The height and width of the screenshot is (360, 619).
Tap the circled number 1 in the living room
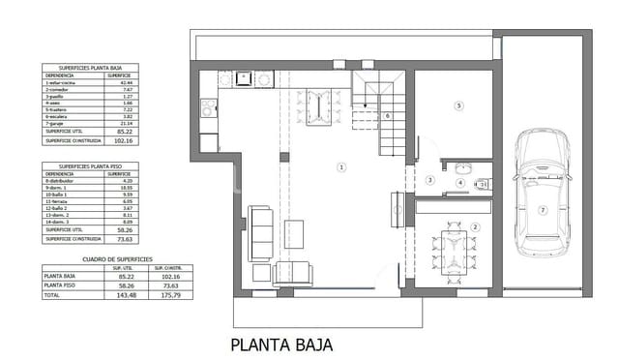click(340, 167)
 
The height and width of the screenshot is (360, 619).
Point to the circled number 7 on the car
click(543, 210)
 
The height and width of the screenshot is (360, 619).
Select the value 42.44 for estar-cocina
click(125, 84)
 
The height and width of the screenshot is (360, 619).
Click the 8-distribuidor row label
click(61, 181)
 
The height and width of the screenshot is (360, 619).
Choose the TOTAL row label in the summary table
click(53, 295)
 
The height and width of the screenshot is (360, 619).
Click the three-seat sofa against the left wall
click(260, 228)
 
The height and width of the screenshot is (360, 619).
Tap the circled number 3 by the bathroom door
click(428, 180)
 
